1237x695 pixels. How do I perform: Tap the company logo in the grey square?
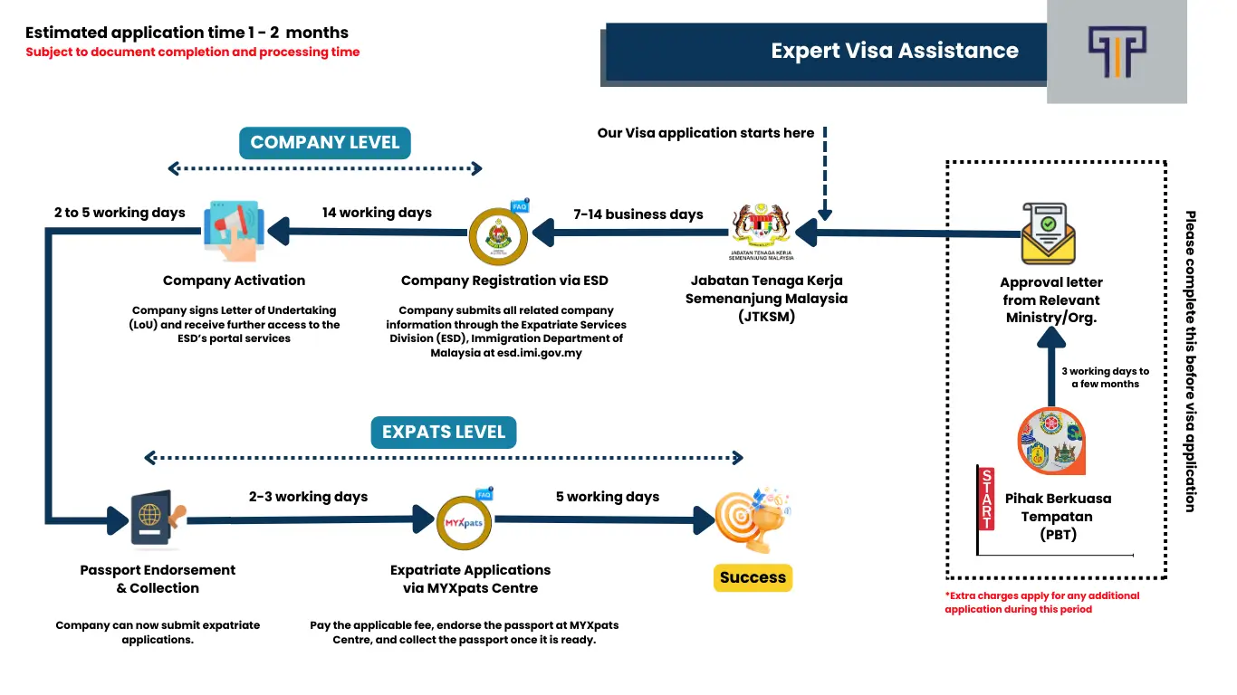click(x=1117, y=52)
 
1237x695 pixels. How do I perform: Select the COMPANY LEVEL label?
click(x=324, y=143)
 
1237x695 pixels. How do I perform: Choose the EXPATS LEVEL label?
click(x=443, y=432)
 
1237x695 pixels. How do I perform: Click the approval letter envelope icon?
click(x=1048, y=233)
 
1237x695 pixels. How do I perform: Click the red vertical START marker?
click(x=986, y=500)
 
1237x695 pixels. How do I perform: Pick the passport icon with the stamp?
click(x=157, y=519)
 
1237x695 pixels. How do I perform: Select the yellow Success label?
click(x=753, y=577)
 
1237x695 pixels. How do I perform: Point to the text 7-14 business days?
click(x=639, y=214)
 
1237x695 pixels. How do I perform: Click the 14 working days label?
click(x=377, y=213)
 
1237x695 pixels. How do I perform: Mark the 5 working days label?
click(x=607, y=497)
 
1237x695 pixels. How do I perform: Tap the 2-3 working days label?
click(x=308, y=497)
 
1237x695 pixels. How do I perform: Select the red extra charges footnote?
click(x=1041, y=603)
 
